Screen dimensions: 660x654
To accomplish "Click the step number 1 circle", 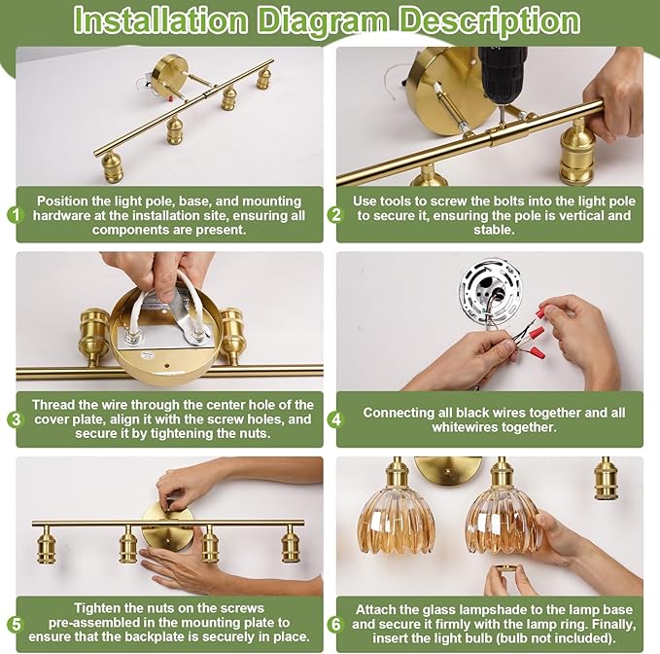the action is coord(16,215).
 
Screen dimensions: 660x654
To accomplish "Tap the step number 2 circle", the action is coord(335,215).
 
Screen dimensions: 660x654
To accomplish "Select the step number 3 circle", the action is coord(16,419).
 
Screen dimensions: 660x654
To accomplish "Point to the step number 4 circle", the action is coord(335,419).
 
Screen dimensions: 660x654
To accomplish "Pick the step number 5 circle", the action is coord(16,624).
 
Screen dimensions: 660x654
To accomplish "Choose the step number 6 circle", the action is coord(335,624).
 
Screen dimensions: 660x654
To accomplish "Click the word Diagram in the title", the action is coord(324,21).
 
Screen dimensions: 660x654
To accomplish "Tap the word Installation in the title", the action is coord(160,20).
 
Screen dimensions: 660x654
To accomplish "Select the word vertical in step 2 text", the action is coord(575,215).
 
